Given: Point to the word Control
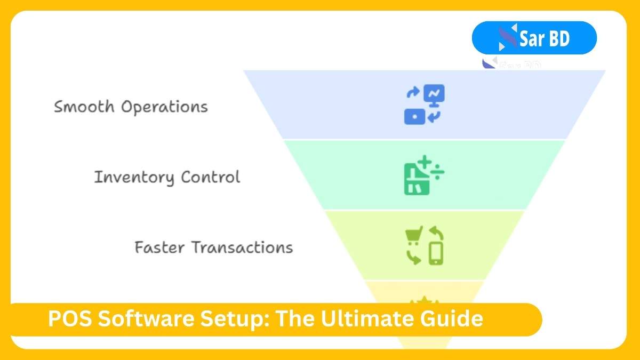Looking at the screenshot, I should pyautogui.click(x=211, y=177).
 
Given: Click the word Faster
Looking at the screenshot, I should pyautogui.click(x=159, y=247).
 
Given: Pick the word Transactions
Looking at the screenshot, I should pyautogui.click(x=242, y=247).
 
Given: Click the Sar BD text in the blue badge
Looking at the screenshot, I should pyautogui.click(x=545, y=38).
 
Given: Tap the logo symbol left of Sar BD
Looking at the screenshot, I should pyautogui.click(x=507, y=37).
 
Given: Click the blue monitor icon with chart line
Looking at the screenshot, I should pyautogui.click(x=434, y=94).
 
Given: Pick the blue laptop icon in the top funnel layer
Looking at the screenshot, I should pyautogui.click(x=414, y=117).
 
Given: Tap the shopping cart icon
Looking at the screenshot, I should pyautogui.click(x=414, y=235).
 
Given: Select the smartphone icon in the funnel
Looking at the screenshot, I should pyautogui.click(x=436, y=254).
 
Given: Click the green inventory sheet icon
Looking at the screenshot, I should pyautogui.click(x=413, y=181).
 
